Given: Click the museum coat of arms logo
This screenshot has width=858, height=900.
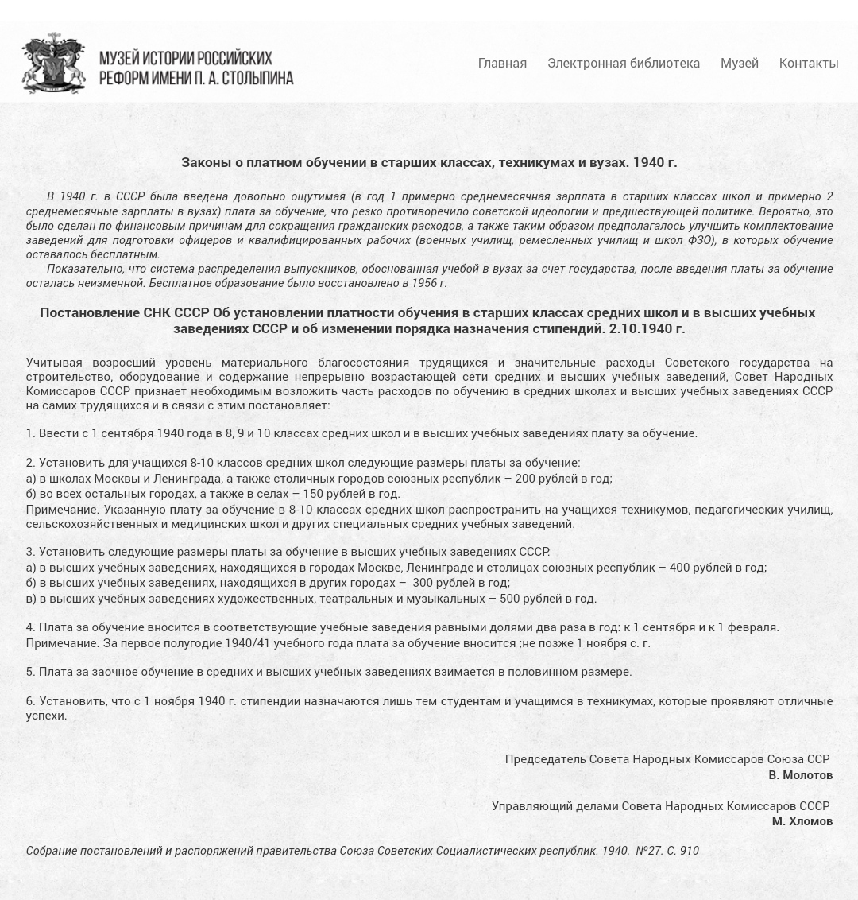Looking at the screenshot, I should pyautogui.click(x=53, y=63).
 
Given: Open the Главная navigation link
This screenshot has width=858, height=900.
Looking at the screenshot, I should pyautogui.click(x=502, y=63).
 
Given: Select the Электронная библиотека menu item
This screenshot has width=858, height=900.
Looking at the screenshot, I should pyautogui.click(x=624, y=63).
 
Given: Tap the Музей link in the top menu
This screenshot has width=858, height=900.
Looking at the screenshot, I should pyautogui.click(x=740, y=63).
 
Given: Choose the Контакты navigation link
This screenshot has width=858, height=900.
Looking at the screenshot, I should pyautogui.click(x=809, y=63).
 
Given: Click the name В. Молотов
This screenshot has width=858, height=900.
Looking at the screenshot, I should pyautogui.click(x=800, y=774).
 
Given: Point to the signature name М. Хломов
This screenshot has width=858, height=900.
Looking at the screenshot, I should pyautogui.click(x=802, y=820).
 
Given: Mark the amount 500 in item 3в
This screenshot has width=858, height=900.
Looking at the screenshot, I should pyautogui.click(x=510, y=598).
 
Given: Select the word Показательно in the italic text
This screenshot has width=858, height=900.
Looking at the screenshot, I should pyautogui.click(x=83, y=268).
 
